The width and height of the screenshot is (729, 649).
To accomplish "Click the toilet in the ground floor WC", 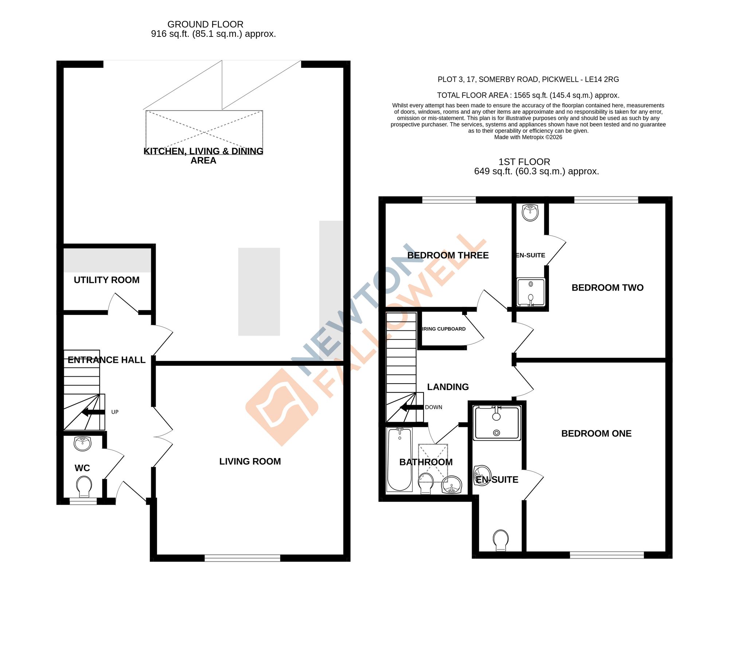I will point(84,487).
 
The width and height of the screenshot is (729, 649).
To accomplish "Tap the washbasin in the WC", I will point(83,443).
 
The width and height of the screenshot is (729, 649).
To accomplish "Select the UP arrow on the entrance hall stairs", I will point(93,412).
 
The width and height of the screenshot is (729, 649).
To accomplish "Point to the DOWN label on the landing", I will point(433,407).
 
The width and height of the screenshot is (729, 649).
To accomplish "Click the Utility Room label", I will point(106,280).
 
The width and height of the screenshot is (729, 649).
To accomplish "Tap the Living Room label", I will point(250,462).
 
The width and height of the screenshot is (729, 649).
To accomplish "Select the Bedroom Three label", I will point(448,255).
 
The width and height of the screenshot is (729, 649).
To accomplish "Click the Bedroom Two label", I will point(607,288).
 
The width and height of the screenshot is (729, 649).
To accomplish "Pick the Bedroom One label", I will point(596,434).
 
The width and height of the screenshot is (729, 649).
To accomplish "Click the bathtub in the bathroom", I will point(399,459).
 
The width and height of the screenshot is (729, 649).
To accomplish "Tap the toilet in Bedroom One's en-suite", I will point(501,540).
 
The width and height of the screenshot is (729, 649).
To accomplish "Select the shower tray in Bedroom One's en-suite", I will point(496,423).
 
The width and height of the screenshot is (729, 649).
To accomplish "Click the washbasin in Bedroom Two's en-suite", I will point(530,212).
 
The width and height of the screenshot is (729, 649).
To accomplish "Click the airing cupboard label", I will point(444,329).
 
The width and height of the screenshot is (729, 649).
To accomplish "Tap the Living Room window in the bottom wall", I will point(242,558).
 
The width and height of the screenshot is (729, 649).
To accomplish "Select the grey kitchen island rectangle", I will point(259,292).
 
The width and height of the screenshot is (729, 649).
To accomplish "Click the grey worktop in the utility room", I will point(107,260).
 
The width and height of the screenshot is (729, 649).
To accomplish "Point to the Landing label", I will point(448,387).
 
